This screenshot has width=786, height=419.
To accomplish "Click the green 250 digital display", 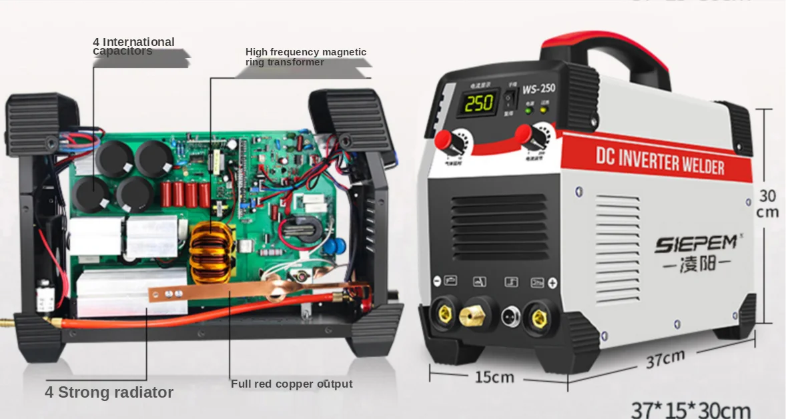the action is pyautogui.click(x=479, y=102).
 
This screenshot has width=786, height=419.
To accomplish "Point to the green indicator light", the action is pyautogui.click(x=528, y=111).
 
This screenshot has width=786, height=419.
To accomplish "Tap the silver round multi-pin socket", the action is pyautogui.click(x=509, y=314).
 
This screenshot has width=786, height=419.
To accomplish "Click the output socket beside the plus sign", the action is pyautogui.click(x=538, y=318).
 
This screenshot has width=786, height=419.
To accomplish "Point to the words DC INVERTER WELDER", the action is pyautogui.click(x=660, y=161).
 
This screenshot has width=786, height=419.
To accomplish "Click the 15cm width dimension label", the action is pyautogui.click(x=494, y=377).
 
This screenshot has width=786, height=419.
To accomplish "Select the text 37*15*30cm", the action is pyautogui.click(x=691, y=409).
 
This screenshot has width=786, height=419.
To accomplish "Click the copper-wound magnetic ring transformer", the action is pyautogui.click(x=213, y=253).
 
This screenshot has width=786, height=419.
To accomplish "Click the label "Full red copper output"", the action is pyautogui.click(x=292, y=384).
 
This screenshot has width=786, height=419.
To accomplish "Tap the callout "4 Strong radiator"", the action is pyautogui.click(x=109, y=392).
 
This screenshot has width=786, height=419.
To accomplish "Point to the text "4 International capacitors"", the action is pyautogui.click(x=133, y=47).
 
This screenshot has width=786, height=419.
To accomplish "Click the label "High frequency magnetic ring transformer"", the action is pyautogui.click(x=306, y=57).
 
